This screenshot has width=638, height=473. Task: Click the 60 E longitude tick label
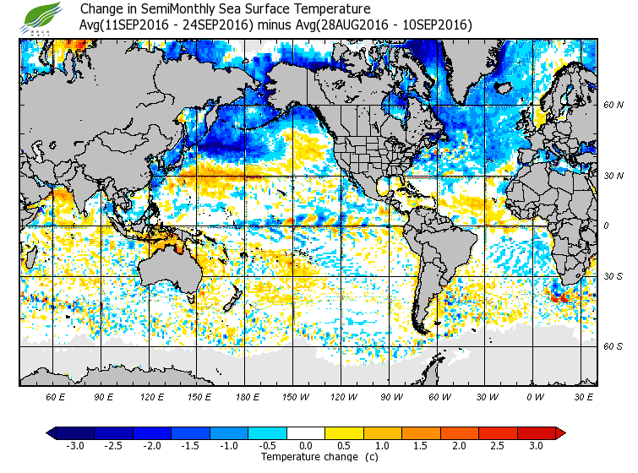pos(56,396)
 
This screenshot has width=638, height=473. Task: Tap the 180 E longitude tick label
pos(248,396)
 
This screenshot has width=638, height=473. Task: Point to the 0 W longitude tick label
pos(534,396)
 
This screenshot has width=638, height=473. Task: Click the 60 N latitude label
pos(613,105)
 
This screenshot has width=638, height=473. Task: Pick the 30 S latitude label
pos(613,277)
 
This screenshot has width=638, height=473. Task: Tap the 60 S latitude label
pos(613,347)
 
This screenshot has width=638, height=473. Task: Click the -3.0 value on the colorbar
pos(75,445)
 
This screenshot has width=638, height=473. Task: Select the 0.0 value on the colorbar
pos(307,445)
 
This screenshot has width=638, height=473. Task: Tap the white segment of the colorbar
pos(307,433)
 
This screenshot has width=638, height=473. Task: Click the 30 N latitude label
pos(613,176)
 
